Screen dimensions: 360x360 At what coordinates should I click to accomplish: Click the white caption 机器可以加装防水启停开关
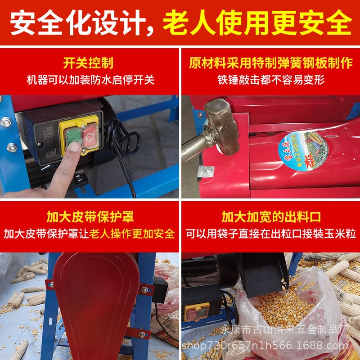pyautogui.click(x=90, y=80)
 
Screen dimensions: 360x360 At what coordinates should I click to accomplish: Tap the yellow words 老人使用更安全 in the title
pyautogui.click(x=257, y=22)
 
